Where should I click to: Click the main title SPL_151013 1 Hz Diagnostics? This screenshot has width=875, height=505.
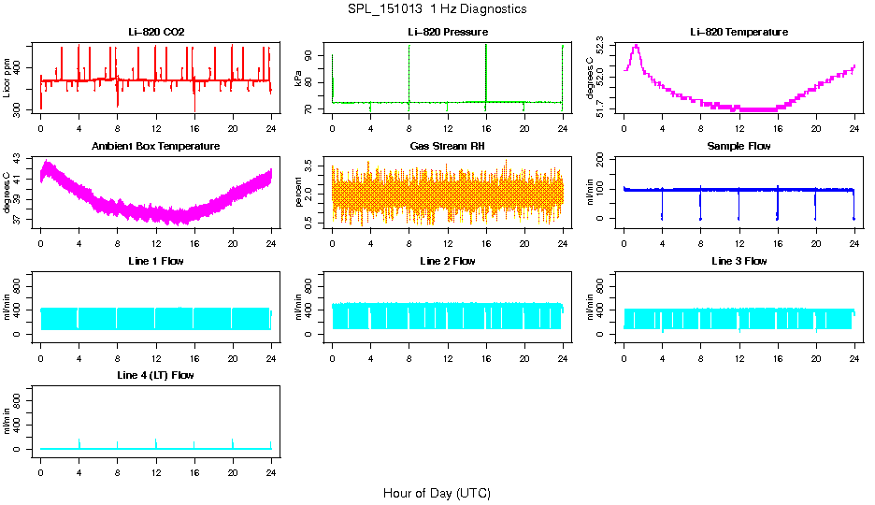click(x=437, y=9)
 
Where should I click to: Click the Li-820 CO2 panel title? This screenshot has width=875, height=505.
click(x=156, y=33)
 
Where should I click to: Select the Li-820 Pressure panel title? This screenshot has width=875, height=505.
click(x=447, y=33)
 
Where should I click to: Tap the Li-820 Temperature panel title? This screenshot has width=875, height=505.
click(x=739, y=33)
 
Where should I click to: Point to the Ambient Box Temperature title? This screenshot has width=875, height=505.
click(x=156, y=147)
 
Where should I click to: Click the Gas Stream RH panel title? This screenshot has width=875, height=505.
click(x=447, y=147)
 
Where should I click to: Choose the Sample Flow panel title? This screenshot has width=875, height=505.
click(x=739, y=147)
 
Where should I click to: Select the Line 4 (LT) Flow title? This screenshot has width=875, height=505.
click(x=156, y=375)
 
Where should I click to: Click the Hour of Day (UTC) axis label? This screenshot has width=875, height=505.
click(x=437, y=493)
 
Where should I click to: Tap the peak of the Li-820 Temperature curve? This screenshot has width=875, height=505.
click(x=636, y=45)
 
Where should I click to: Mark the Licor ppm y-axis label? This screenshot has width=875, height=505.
click(x=7, y=79)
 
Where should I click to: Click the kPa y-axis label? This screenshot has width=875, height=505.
click(x=299, y=79)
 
